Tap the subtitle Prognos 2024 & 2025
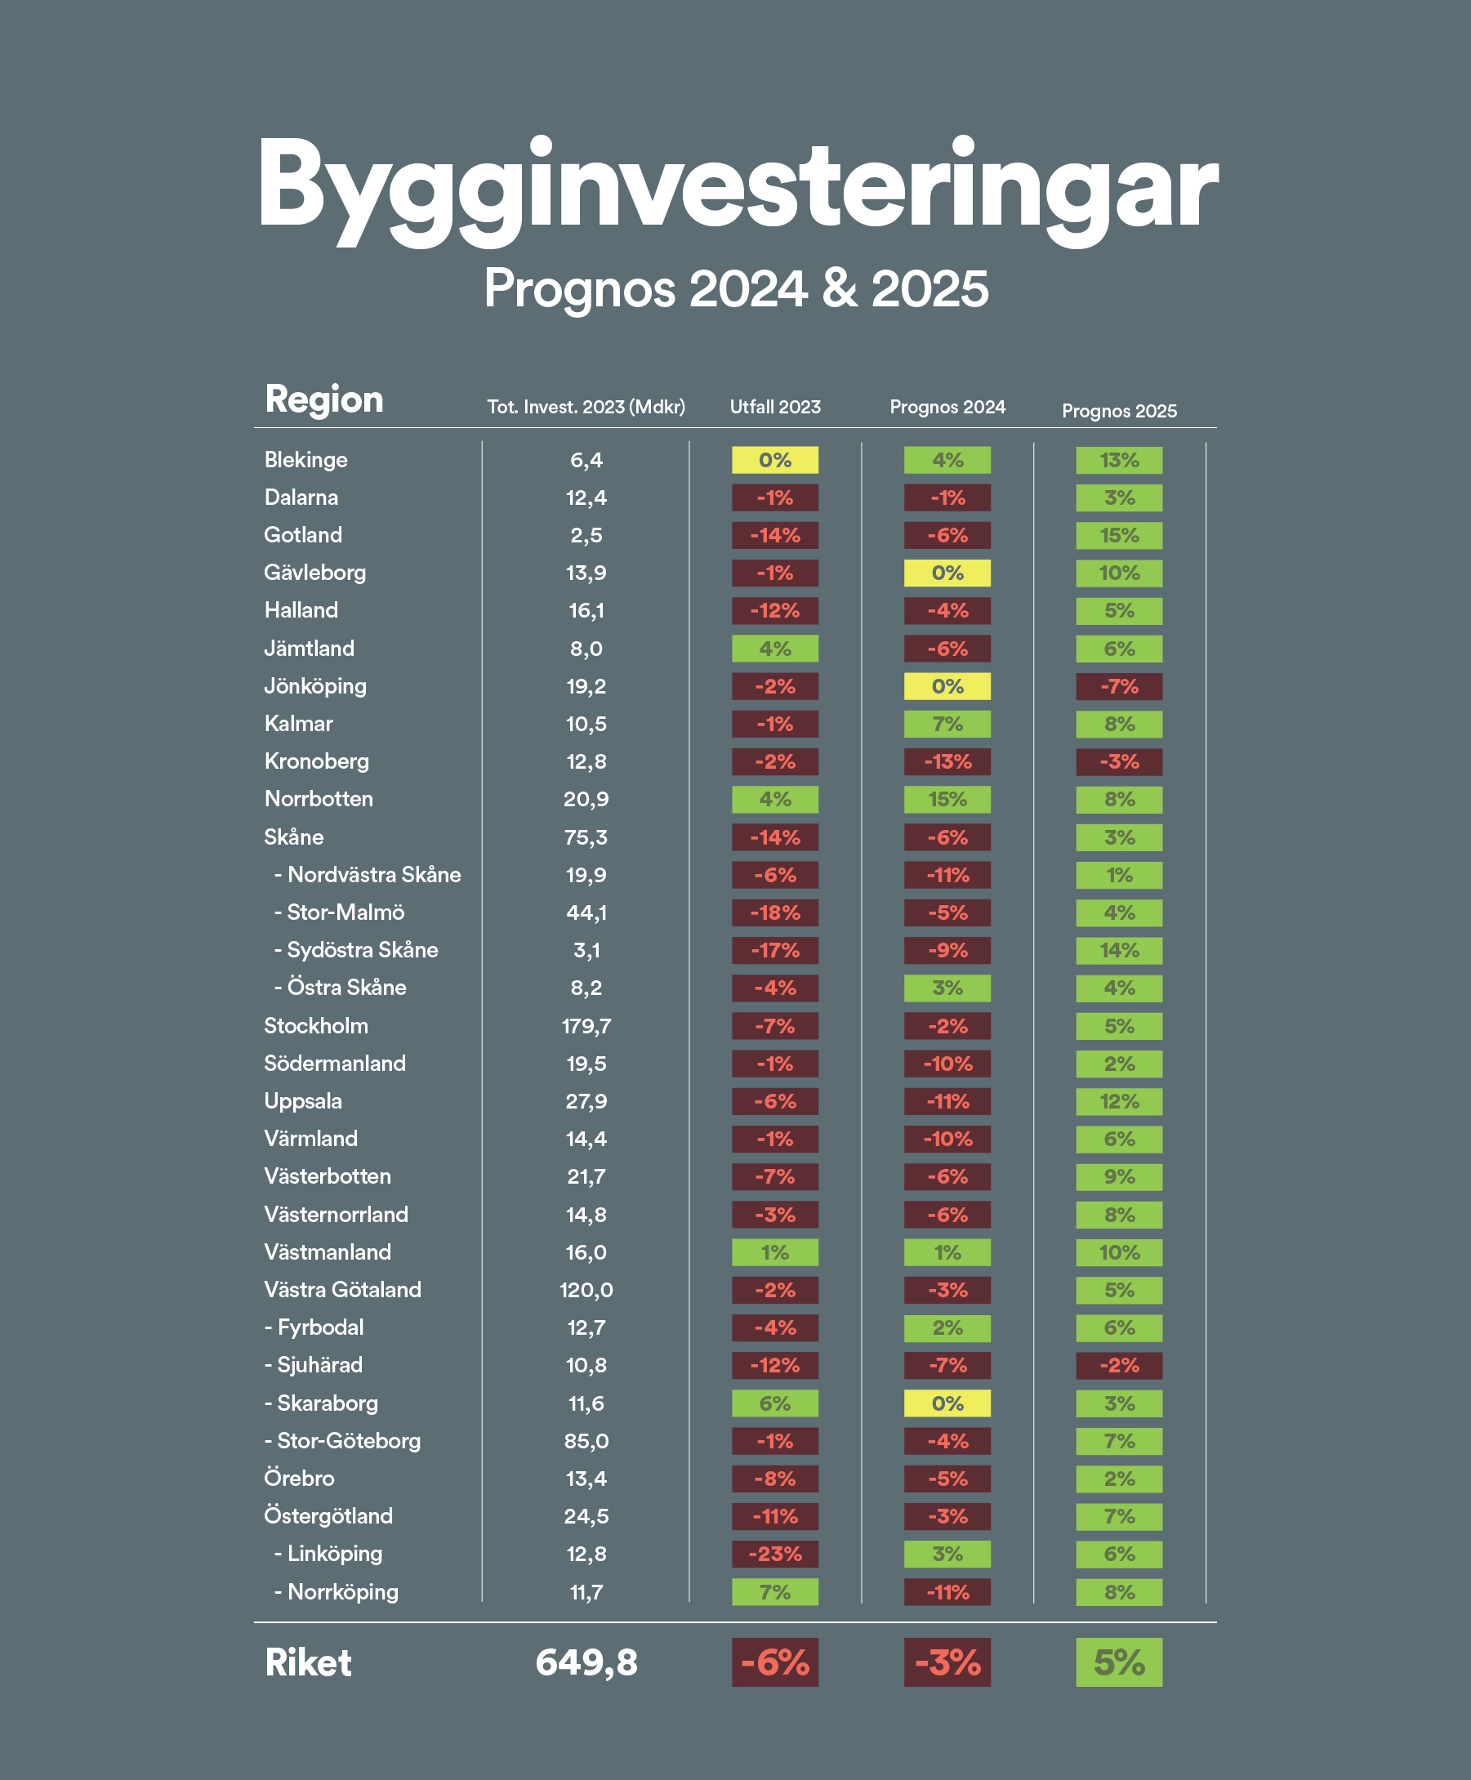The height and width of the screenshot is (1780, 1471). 735,288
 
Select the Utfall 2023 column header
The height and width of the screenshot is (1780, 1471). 775,407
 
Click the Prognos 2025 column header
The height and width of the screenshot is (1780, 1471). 1119,411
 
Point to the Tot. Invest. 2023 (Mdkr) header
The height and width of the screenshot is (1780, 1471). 586,407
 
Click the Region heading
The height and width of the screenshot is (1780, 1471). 323,399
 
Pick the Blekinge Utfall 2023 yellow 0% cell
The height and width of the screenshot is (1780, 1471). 775,460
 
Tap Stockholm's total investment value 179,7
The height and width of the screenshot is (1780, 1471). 586,1026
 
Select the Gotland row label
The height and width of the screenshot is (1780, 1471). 303,535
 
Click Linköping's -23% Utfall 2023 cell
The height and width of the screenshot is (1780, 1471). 775,1554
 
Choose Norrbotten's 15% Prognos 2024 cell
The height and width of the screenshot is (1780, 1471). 947,799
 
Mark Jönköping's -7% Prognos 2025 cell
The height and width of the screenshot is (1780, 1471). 1119,686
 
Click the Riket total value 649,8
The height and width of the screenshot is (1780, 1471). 586,1662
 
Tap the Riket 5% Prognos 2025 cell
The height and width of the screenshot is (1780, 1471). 1119,1662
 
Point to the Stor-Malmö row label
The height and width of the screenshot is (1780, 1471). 345,912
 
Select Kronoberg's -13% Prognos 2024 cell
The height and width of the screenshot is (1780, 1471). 947,761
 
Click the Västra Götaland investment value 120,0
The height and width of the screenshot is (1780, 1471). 586,1290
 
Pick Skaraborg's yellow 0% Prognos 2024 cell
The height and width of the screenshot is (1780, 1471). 947,1403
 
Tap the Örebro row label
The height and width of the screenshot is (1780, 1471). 299,1479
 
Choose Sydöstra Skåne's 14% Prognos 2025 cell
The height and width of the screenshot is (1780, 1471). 1119,950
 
